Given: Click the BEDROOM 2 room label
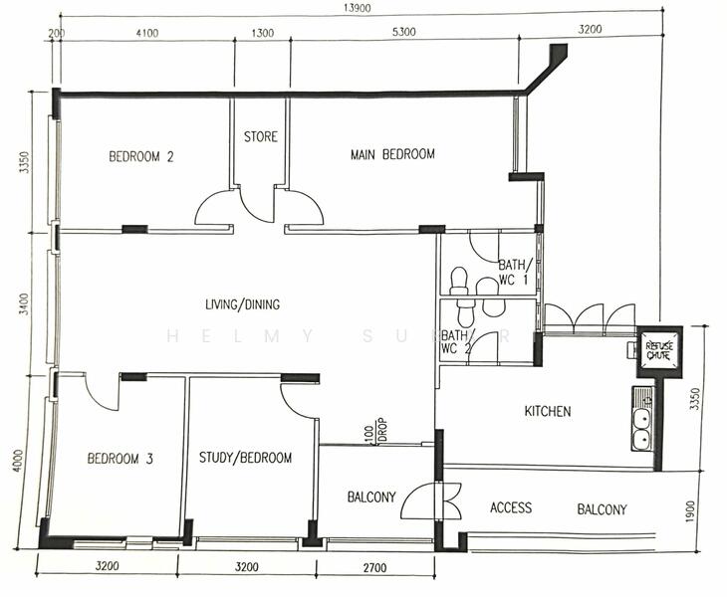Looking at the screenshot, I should pyautogui.click(x=141, y=156).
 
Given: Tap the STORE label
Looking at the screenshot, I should pyautogui.click(x=261, y=136).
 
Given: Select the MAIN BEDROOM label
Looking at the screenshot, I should pyautogui.click(x=392, y=154).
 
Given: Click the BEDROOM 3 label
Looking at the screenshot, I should pyautogui.click(x=120, y=459).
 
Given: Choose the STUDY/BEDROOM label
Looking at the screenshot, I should pyautogui.click(x=245, y=458).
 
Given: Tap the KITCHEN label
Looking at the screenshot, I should pyautogui.click(x=548, y=411).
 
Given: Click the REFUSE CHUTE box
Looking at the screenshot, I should pyautogui.click(x=659, y=348).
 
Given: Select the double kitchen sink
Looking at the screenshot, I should pyautogui.click(x=642, y=426).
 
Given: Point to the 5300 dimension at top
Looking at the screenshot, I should pyautogui.click(x=402, y=32).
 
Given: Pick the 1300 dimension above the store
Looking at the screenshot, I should pyautogui.click(x=263, y=32).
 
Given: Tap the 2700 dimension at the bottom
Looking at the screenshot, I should pyautogui.click(x=374, y=568).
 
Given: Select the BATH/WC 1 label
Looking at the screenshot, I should pyautogui.click(x=516, y=272).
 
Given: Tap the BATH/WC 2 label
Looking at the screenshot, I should pyautogui.click(x=456, y=341).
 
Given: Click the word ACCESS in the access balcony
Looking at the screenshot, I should pyautogui.click(x=511, y=508).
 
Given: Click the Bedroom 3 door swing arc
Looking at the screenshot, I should pyautogui.click(x=101, y=393).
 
